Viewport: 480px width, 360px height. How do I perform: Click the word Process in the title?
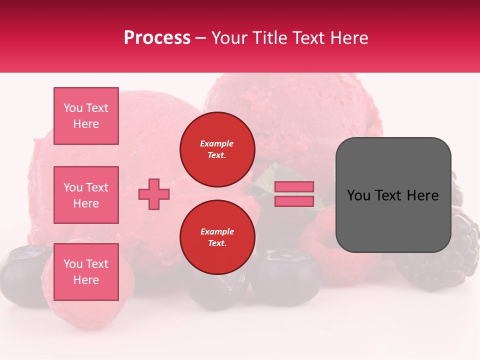point(157,38)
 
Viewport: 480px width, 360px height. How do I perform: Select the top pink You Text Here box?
point(86,116)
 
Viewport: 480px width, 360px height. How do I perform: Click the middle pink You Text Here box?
point(86,195)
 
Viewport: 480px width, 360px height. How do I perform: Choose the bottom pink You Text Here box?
point(86,272)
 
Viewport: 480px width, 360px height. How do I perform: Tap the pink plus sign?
point(154,194)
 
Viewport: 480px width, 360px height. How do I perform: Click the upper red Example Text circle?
point(217,149)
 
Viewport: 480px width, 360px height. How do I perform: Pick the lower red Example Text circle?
point(217,237)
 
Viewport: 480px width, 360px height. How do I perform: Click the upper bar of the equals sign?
point(294,186)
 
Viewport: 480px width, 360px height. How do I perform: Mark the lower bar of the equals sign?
point(294,201)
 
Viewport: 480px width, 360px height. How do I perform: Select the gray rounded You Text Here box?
point(393,195)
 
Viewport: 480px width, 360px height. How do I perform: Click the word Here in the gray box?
point(422,195)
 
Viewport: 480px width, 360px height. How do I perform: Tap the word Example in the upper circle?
point(217,143)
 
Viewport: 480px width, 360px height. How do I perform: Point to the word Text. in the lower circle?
point(217,243)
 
